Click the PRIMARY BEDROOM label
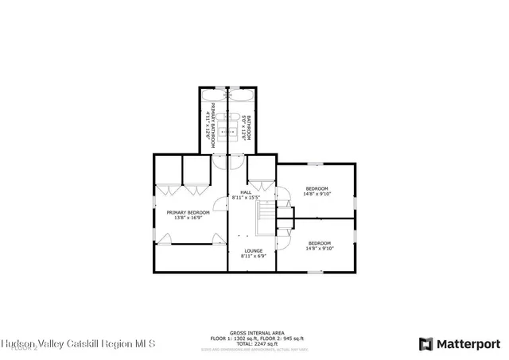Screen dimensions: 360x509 pos(188,213)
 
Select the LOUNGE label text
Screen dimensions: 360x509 pos(253,250)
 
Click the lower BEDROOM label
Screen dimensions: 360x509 pos(319,242)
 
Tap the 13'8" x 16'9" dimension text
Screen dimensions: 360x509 pos(188,219)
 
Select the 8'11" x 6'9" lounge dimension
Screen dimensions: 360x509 pos(253,256)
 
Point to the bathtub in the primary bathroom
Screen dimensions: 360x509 pos(213,95)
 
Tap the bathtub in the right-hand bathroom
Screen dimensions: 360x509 pos(240,95)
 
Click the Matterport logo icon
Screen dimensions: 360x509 pos(425,343)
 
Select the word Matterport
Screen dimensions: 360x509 pos(466,343)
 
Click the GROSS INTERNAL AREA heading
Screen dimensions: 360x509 pos(253,333)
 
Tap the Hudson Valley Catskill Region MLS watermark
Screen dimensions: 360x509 pos(78,344)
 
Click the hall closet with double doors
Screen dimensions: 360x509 pos(260,171)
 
